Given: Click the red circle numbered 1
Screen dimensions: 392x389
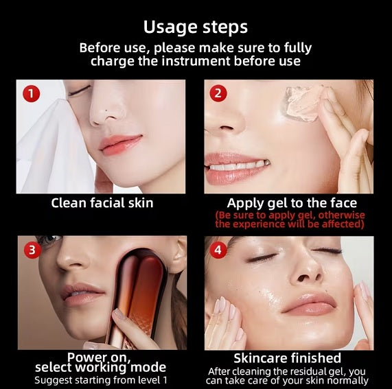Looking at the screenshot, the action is pyautogui.click(x=32, y=94).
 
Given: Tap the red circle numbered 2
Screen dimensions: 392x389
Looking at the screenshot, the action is pyautogui.click(x=218, y=93).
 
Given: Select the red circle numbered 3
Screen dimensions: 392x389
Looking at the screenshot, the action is pyautogui.click(x=32, y=250).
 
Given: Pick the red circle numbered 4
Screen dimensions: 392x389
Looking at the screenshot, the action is pyautogui.click(x=218, y=250).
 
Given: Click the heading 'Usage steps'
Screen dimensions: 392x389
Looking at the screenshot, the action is pyautogui.click(x=196, y=27).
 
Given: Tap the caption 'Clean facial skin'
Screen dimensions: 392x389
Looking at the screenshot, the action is pyautogui.click(x=102, y=203).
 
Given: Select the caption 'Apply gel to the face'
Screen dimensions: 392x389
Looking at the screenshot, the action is pyautogui.click(x=292, y=203).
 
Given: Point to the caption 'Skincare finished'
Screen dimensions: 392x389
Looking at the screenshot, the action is pyautogui.click(x=287, y=358).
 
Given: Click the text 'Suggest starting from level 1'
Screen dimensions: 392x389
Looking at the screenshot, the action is pyautogui.click(x=101, y=380).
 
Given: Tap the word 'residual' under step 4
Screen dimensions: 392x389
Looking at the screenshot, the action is pyautogui.click(x=308, y=372).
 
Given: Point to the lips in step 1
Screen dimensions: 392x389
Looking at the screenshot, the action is pyautogui.click(x=120, y=143).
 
